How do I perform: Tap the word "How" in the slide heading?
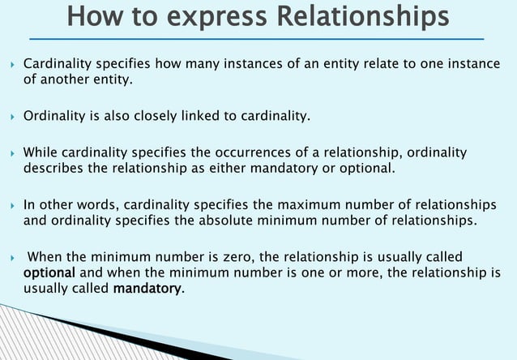click(93, 15)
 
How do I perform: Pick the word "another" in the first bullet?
click(62, 79)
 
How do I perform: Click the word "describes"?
click(50, 168)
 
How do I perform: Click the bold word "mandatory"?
click(147, 288)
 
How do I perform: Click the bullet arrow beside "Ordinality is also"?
click(11, 117)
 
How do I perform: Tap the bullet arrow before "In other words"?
click(11, 205)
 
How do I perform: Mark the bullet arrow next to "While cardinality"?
click(11, 153)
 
